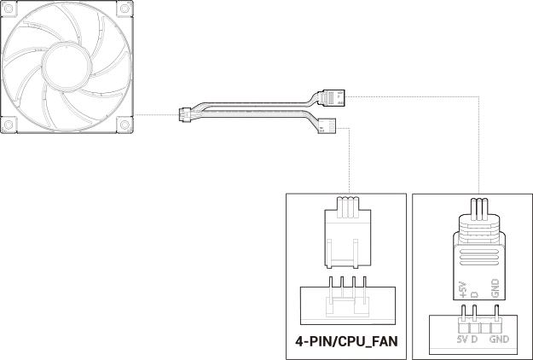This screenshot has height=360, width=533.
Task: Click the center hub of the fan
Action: (x=67, y=67)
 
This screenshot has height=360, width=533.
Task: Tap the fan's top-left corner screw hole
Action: (x=8, y=8)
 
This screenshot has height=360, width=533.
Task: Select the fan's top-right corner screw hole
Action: (x=125, y=8)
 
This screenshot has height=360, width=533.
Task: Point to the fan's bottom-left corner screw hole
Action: (x=8, y=125)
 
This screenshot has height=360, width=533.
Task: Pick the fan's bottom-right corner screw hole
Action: (x=125, y=125)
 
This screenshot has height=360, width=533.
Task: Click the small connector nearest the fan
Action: (x=184, y=115)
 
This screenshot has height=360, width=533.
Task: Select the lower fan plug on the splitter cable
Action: (x=327, y=125)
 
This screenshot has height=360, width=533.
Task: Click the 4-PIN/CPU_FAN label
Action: (x=346, y=341)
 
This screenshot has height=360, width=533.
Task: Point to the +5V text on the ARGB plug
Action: (x=463, y=290)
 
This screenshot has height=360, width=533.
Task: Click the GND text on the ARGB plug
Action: (x=495, y=288)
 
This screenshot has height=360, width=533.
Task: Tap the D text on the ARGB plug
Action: (x=474, y=294)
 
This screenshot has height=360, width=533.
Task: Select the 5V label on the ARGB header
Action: (x=462, y=339)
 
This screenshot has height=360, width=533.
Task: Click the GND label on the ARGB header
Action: (x=500, y=339)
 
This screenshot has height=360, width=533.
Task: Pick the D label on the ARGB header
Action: (x=474, y=339)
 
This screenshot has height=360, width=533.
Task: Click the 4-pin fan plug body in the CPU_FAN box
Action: (x=348, y=238)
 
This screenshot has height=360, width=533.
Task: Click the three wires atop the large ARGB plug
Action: (x=478, y=207)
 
